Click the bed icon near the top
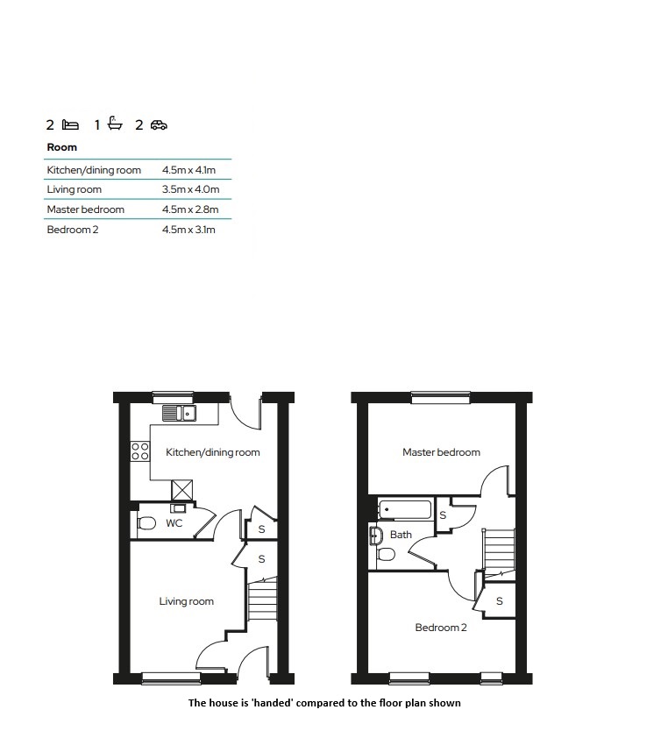(70, 125)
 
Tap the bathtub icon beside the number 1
(115, 123)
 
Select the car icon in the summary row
(159, 125)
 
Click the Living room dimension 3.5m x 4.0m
(190, 189)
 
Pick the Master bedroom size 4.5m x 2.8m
(190, 209)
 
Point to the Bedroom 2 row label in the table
(73, 230)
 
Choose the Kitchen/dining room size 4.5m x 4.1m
(188, 170)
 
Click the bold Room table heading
(62, 147)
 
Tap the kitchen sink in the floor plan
(179, 413)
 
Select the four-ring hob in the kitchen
(140, 451)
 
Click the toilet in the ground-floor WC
(146, 523)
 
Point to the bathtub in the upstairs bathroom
(405, 509)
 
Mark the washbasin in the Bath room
(375, 536)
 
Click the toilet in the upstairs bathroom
(387, 554)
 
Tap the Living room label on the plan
(187, 601)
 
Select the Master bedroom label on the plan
(442, 452)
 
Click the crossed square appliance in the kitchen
(181, 491)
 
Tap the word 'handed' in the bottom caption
(273, 703)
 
